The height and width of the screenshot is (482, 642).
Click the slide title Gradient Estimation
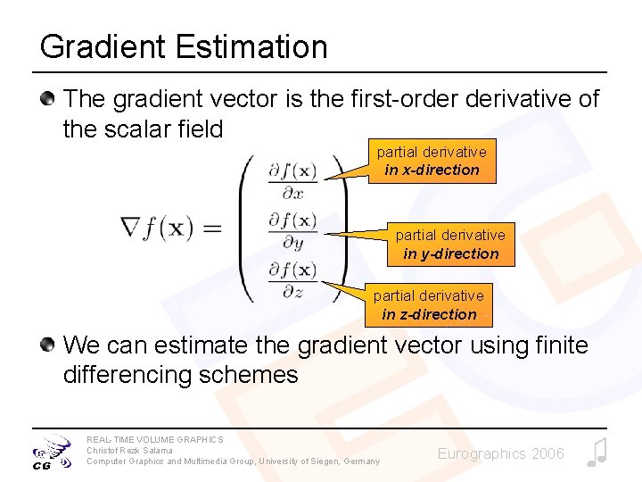tap(184, 47)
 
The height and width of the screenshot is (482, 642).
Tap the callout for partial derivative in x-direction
tap(432, 162)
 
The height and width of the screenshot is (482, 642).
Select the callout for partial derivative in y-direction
tap(450, 245)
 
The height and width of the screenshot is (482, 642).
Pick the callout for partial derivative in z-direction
tap(429, 305)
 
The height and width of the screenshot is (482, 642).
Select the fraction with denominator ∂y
tap(292, 229)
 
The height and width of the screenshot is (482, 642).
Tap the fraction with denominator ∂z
tap(292, 279)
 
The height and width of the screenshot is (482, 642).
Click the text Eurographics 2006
tap(500, 454)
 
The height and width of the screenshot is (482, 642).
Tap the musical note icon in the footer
tap(597, 453)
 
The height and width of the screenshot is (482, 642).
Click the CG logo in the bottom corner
tap(49, 452)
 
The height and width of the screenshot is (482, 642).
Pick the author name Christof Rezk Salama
tap(129, 450)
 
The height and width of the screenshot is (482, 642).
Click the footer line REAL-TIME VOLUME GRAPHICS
tap(155, 439)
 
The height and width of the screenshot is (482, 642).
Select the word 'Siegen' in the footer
tap(313, 461)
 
